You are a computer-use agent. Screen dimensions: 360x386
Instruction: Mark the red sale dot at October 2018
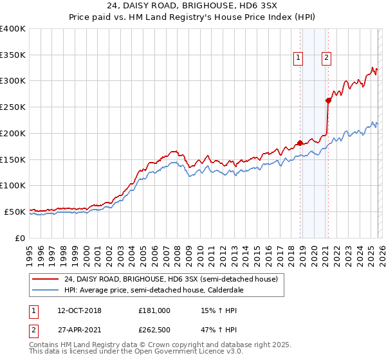click(300, 143)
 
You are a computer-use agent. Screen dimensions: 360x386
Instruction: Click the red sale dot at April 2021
click(328, 100)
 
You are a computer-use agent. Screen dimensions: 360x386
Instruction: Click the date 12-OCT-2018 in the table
click(79, 310)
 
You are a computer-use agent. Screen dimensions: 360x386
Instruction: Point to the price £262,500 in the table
click(154, 330)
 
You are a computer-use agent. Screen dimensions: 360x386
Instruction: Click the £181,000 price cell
click(154, 310)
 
